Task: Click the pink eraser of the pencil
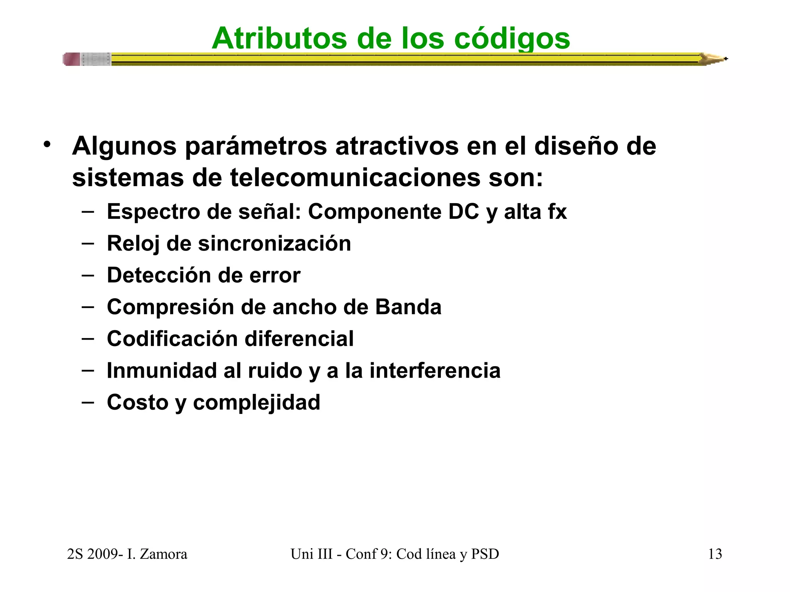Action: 72,59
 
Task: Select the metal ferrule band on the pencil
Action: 96,59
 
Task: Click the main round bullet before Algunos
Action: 47,145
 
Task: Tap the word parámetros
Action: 256,147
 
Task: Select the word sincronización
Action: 274,244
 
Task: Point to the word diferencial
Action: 299,339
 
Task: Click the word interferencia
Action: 435,370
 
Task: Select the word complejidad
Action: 257,402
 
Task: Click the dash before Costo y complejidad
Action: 88,402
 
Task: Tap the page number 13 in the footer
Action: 715,554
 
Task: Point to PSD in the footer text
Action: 485,554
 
